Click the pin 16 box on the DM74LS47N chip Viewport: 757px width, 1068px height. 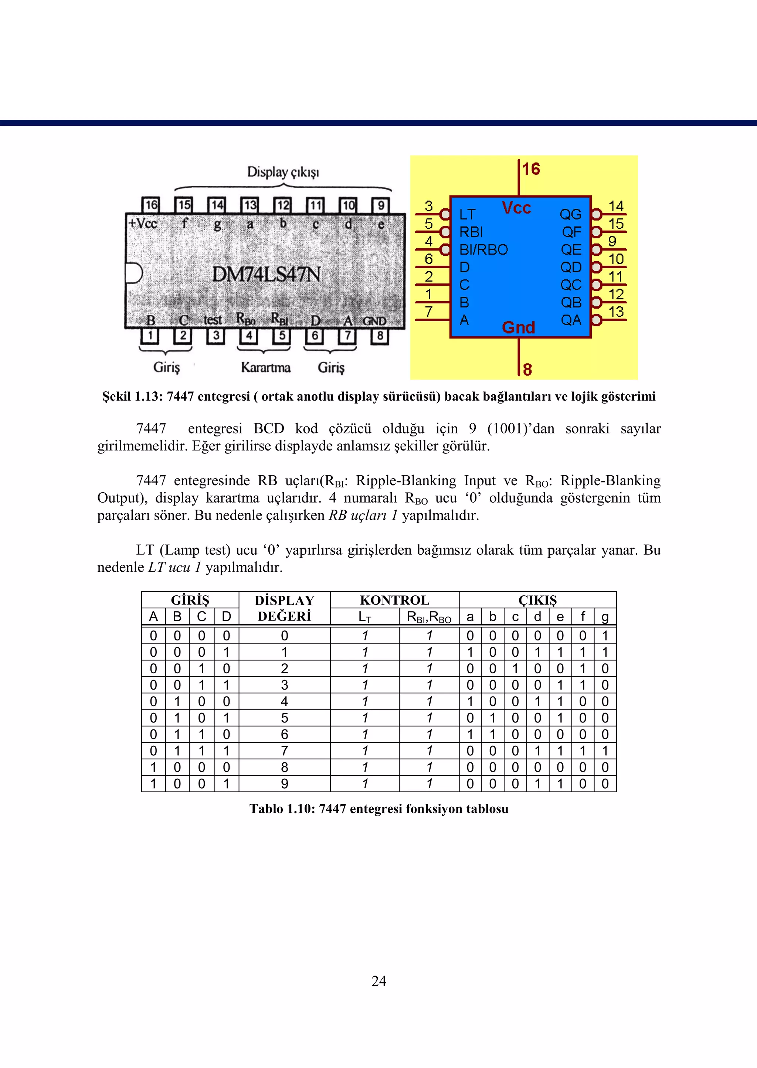coord(150,205)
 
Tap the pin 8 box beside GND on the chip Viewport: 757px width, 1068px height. coord(380,336)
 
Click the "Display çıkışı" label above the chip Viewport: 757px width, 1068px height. coord(283,172)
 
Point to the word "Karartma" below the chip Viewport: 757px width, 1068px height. coord(266,368)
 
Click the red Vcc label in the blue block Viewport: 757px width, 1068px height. coord(516,208)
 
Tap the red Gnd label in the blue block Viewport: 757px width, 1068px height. coord(518,327)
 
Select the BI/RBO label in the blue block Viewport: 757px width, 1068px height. coord(483,250)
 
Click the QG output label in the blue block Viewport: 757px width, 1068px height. coord(571,214)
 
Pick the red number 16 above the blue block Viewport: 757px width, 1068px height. coord(531,169)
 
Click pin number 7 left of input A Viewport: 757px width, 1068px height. coord(428,312)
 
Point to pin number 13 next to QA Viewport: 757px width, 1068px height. coord(616,312)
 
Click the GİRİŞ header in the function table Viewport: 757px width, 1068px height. coord(190,600)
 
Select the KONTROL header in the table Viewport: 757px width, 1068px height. coord(394,600)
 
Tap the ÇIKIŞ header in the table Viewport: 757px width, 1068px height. coord(537,600)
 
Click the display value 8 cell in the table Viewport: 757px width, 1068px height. coord(284,767)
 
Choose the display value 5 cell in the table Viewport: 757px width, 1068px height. coord(284,718)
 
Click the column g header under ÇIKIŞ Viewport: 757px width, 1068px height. coord(605,617)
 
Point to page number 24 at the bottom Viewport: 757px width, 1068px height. coord(378,981)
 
